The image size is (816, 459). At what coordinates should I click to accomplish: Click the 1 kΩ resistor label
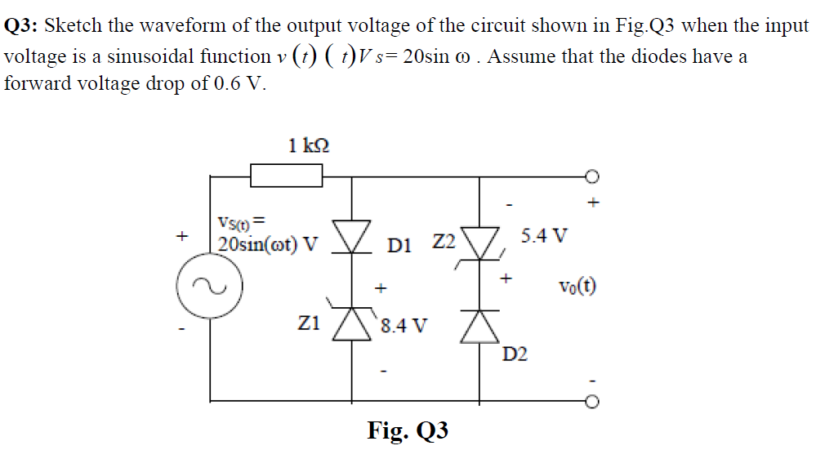point(309,146)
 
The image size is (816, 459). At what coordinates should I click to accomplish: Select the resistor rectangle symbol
point(286,175)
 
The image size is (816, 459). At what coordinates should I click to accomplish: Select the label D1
point(404,243)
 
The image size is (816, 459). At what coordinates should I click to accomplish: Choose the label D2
point(515,354)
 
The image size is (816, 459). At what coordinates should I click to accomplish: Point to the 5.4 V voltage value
point(543,238)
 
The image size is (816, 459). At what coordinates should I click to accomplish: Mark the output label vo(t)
point(577,287)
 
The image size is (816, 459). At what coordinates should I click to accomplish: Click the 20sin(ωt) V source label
point(267,243)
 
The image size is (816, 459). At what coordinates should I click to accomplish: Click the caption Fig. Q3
point(408,430)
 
